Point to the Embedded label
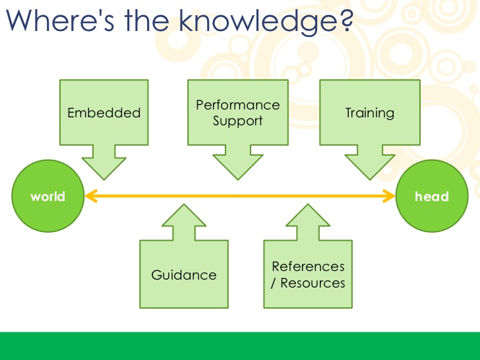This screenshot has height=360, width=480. click(104, 113)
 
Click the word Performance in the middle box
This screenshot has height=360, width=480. click(238, 105)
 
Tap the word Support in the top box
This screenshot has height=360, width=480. click(238, 121)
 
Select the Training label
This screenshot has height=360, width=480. click(370, 113)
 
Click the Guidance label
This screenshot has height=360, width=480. click(184, 275)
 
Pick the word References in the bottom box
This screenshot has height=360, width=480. click(308, 266)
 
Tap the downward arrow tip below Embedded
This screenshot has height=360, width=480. click(104, 177)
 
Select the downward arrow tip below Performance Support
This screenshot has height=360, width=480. click(238, 177)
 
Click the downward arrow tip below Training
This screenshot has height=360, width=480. click(369, 177)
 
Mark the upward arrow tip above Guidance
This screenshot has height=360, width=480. click(185, 206)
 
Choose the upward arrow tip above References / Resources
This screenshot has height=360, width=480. click(306, 206)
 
